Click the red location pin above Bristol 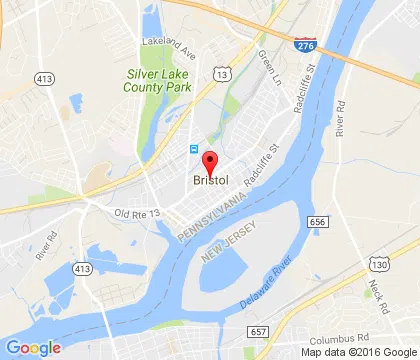point(210,162)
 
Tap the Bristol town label point(211,181)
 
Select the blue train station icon point(194,149)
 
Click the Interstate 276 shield point(305,45)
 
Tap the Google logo point(33,348)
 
